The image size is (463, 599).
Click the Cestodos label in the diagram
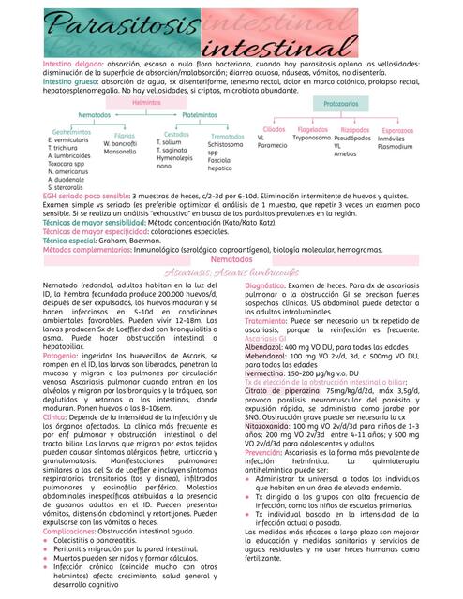176,134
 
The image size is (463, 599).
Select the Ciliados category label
274,129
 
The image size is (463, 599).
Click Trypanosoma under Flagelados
312,138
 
